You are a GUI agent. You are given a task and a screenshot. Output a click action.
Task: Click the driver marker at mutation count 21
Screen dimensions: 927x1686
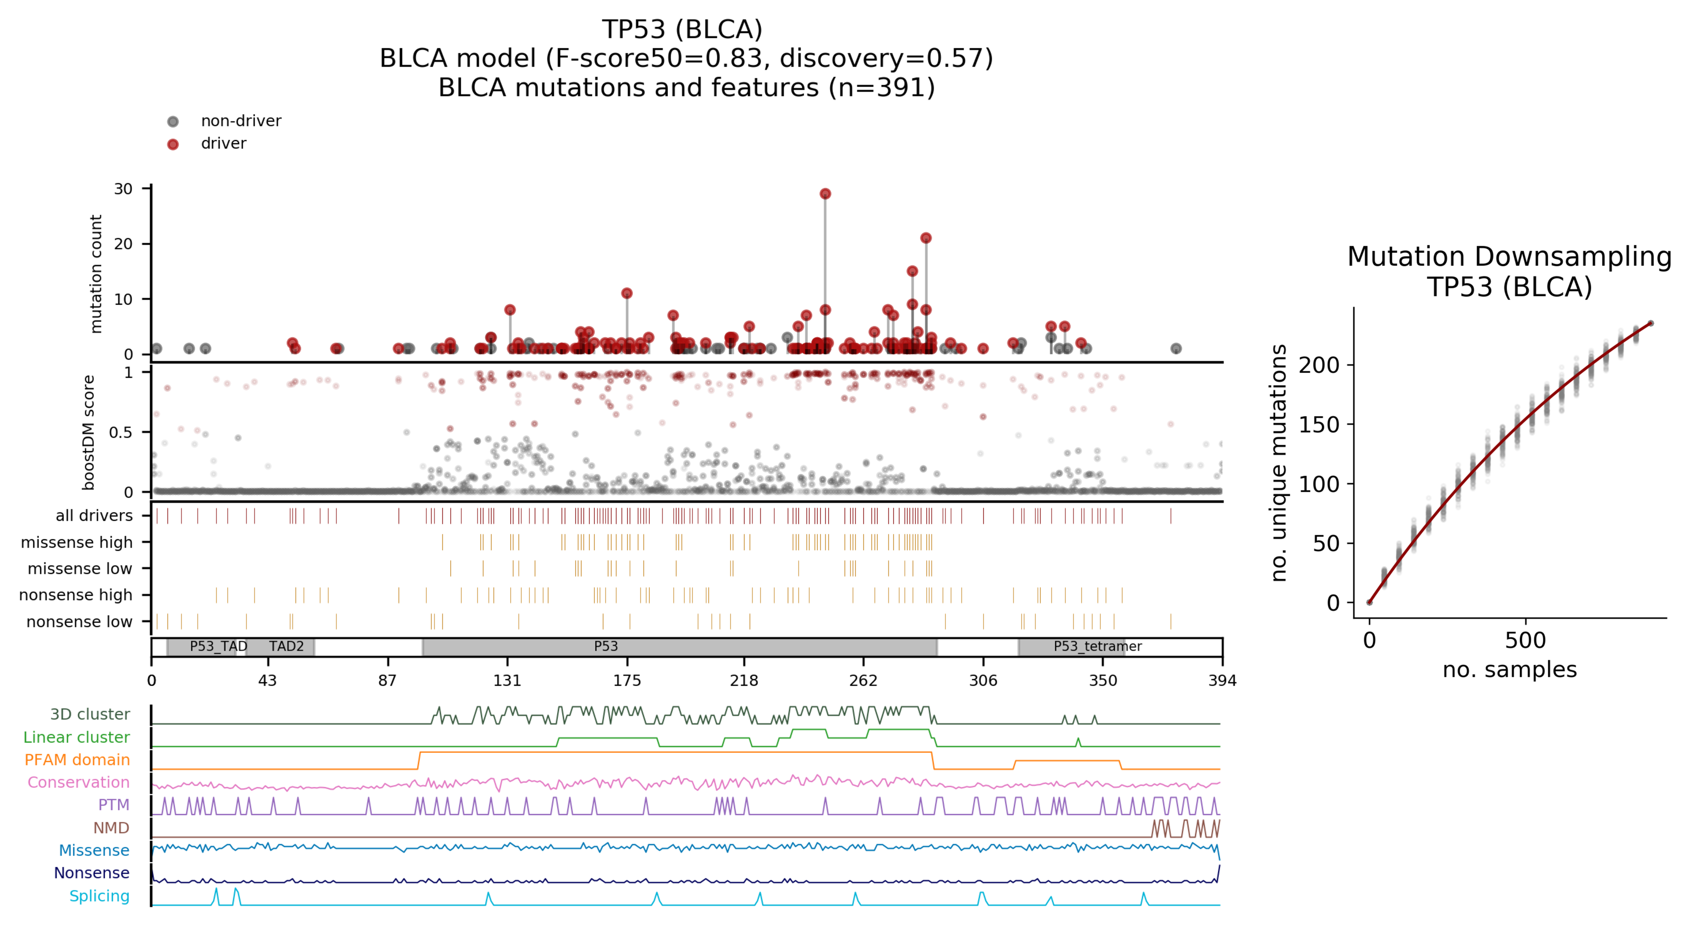[925, 238]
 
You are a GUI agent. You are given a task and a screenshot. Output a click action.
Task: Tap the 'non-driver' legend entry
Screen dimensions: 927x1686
[240, 121]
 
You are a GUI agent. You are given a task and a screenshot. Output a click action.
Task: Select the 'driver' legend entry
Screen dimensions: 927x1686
[223, 143]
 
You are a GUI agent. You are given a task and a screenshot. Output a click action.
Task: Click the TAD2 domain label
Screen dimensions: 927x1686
[286, 646]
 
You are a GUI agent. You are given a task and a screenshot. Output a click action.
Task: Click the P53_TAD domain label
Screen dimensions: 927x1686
[218, 646]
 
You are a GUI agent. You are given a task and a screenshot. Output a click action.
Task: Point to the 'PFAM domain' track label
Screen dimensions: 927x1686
[77, 760]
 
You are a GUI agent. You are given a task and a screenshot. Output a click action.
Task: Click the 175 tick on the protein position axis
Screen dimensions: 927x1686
[627, 680]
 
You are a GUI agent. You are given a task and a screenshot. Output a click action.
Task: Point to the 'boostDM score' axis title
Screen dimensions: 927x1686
[89, 432]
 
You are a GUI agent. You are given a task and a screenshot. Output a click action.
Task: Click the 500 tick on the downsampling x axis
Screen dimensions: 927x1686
[1525, 640]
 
